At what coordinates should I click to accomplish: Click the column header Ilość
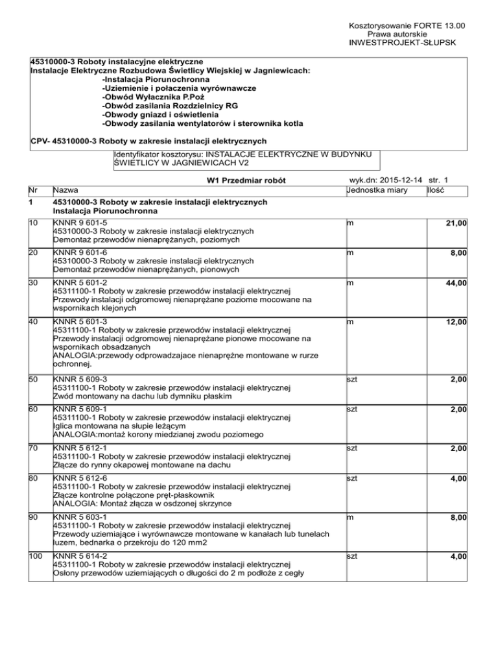pos(436,190)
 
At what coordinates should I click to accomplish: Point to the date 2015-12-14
pos(405,180)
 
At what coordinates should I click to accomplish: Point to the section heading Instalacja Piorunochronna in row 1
pos(104,212)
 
